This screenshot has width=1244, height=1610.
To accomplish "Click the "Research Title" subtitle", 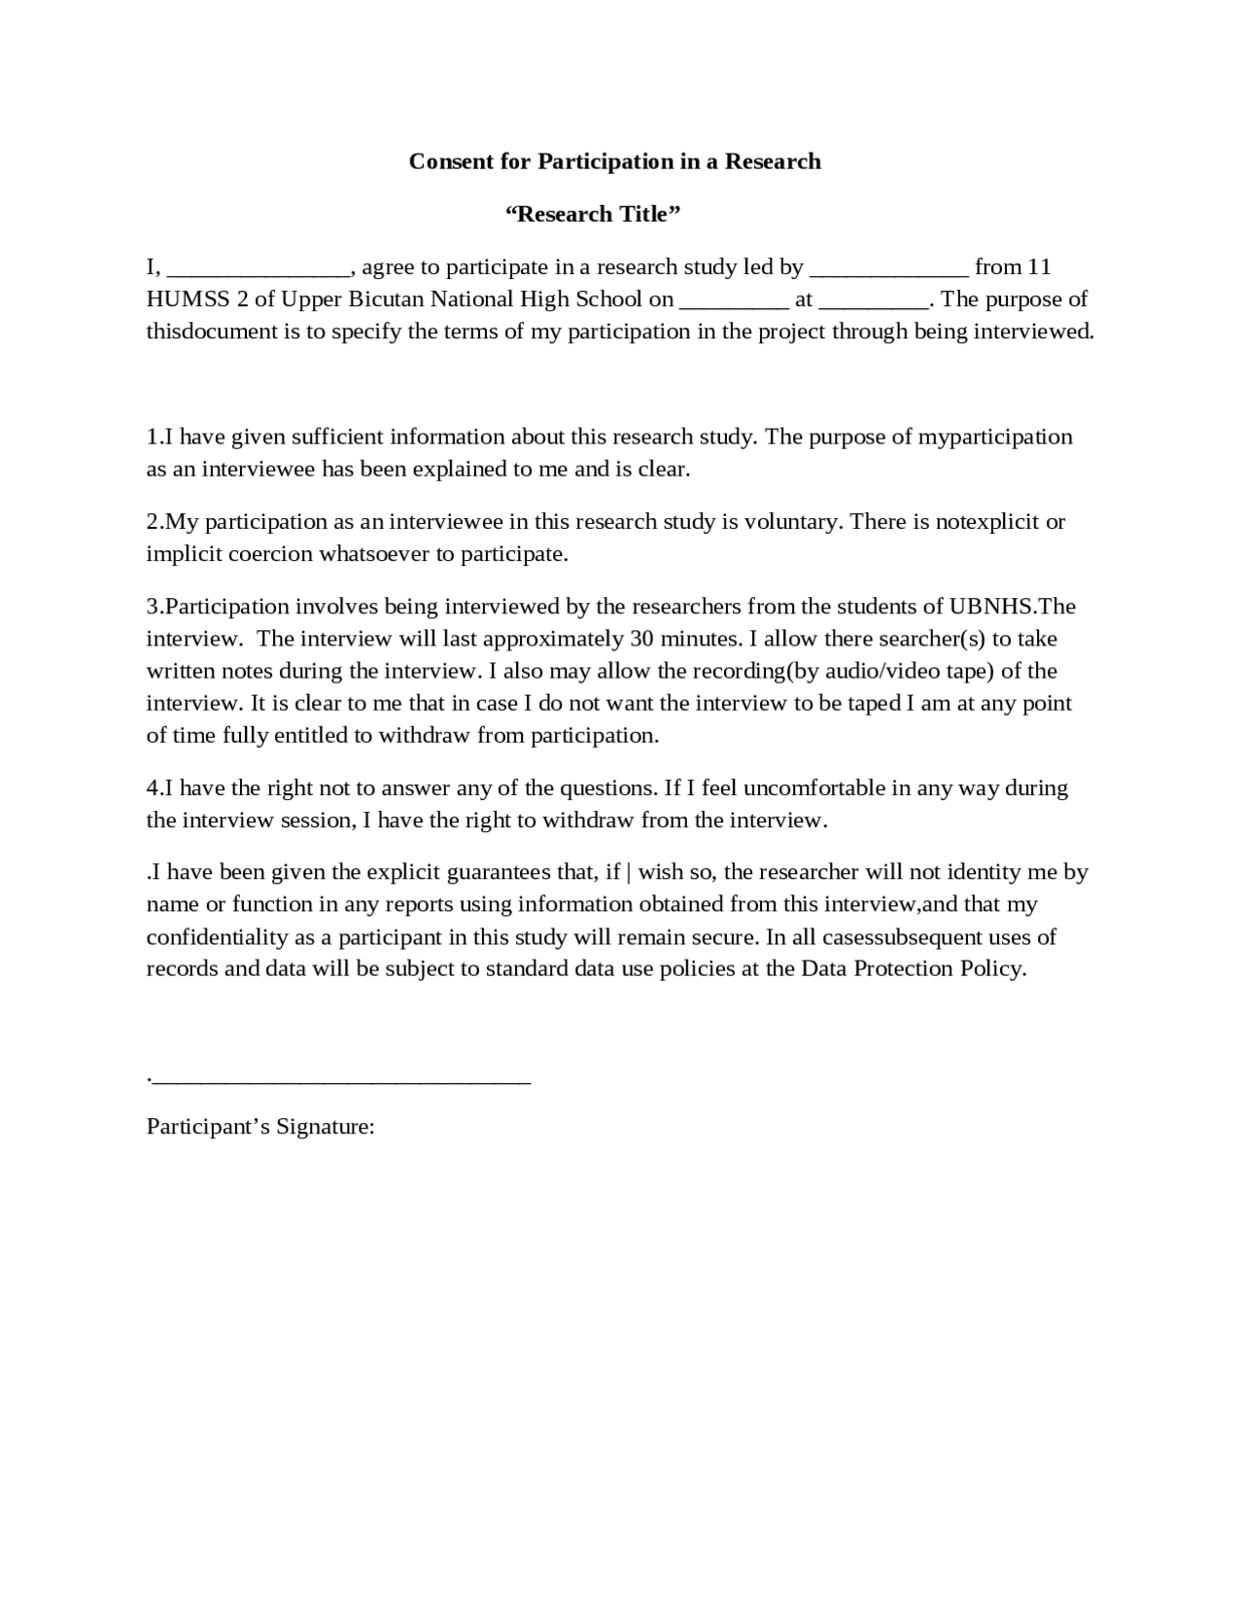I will click(592, 214).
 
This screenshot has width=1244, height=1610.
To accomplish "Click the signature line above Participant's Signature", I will click(340, 1080).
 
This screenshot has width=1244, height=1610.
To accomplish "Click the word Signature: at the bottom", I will click(326, 1127).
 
